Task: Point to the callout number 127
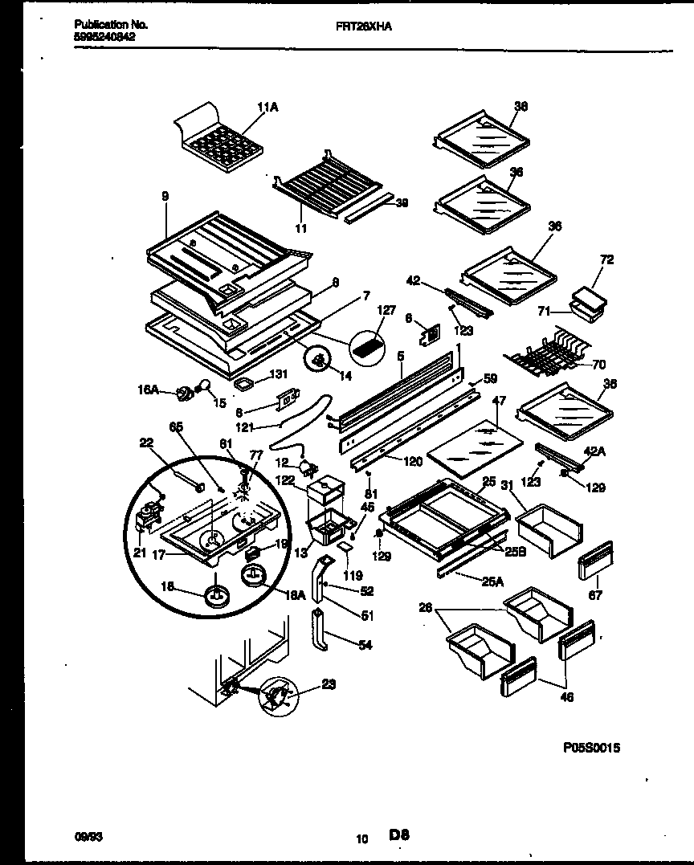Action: (386, 309)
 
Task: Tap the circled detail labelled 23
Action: (278, 692)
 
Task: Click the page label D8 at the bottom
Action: (400, 835)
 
